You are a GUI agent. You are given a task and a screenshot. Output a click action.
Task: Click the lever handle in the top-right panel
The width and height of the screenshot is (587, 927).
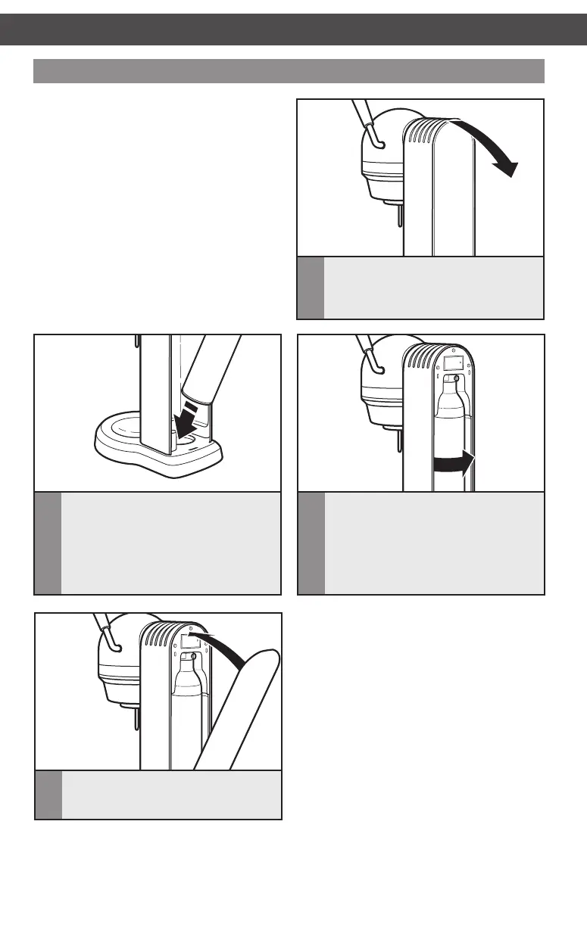(367, 121)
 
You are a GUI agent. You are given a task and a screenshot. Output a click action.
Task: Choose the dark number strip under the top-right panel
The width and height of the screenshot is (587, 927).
(310, 288)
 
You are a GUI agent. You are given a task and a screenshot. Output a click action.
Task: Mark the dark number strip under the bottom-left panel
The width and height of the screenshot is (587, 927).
(48, 795)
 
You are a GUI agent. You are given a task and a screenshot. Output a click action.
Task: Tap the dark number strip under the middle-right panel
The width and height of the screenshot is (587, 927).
(311, 543)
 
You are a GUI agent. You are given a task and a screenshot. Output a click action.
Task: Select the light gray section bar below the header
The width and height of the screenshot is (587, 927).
(289, 70)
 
